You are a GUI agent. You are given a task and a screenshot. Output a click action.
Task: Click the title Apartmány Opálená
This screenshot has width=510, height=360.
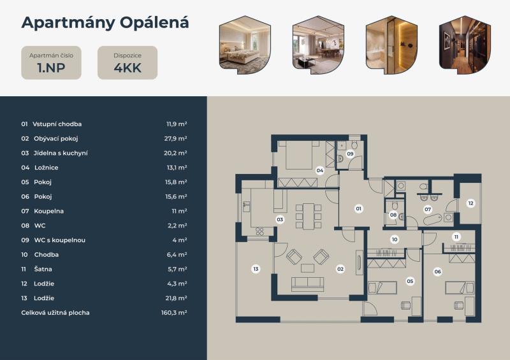pyautogui.click(x=105, y=23)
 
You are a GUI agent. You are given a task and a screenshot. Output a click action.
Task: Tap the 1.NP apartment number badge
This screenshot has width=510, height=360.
pyautogui.click(x=52, y=63)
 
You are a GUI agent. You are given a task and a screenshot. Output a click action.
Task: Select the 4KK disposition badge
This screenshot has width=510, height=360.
pyautogui.click(x=127, y=63)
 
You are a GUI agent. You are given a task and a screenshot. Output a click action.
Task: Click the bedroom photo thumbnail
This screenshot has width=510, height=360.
pyautogui.click(x=245, y=44)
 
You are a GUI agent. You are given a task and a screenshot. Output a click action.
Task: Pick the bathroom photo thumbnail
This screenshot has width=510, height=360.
pyautogui.click(x=391, y=44)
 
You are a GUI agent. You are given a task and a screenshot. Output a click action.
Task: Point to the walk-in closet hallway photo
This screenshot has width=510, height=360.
pyautogui.click(x=465, y=44)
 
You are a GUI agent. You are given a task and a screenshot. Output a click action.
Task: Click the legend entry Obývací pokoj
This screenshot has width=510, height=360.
pyautogui.click(x=55, y=138)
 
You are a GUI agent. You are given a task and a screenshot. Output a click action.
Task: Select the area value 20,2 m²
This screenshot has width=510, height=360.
pyautogui.click(x=175, y=153)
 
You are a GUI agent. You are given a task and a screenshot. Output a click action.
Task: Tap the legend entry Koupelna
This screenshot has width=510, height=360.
pyautogui.click(x=49, y=211)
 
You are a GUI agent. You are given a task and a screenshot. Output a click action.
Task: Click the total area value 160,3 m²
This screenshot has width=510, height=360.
pyautogui.click(x=174, y=312)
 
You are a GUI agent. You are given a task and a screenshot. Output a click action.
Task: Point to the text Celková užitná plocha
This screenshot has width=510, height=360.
pyautogui.click(x=55, y=312)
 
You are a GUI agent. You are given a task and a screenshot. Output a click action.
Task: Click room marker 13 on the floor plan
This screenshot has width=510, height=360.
pyautogui.click(x=256, y=269)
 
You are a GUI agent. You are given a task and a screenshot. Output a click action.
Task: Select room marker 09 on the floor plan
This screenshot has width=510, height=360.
pyautogui.click(x=350, y=154)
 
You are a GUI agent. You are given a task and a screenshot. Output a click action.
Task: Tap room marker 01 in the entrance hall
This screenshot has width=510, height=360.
pyautogui.click(x=358, y=208)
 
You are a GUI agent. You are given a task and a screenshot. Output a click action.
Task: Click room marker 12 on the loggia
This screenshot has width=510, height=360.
pyautogui.click(x=470, y=203)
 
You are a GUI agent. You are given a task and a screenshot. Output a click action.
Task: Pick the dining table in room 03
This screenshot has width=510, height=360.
pyautogui.click(x=309, y=216)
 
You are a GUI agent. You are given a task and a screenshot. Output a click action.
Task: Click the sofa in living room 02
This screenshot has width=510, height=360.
pyautogui.click(x=308, y=284)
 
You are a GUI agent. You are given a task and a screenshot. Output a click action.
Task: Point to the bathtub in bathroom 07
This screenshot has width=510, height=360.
pyautogui.click(x=433, y=220)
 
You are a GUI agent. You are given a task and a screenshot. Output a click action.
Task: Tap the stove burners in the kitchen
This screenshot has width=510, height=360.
pyautogui.click(x=260, y=231)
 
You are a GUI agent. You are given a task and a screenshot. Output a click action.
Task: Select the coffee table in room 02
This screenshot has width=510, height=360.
pyautogui.click(x=307, y=268)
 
